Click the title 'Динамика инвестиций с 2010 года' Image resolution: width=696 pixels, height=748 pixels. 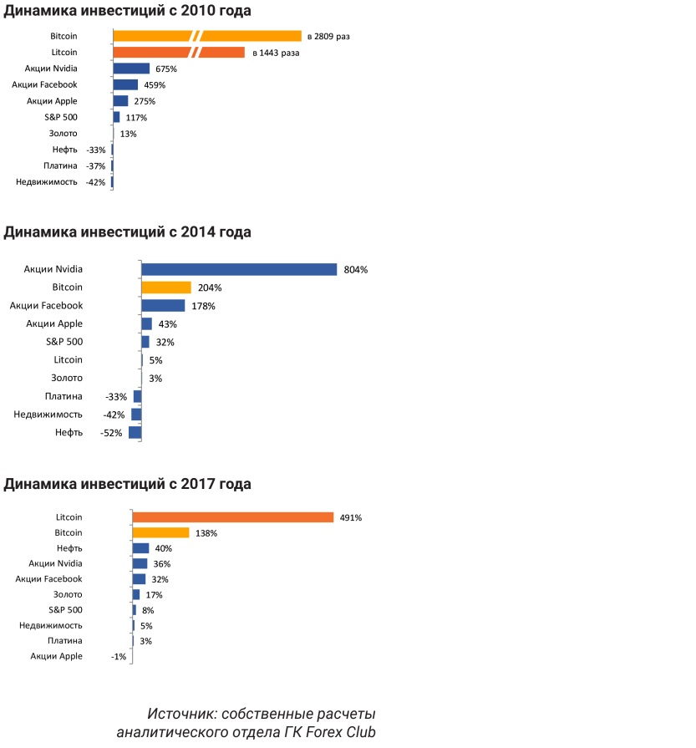tap(128, 11)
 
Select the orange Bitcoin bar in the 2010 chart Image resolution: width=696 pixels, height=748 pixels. tap(207, 36)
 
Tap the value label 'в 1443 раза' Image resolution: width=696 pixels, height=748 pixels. tap(276, 53)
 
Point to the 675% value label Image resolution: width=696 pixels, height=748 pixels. tap(166, 69)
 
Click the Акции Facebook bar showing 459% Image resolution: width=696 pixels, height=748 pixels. tap(125, 84)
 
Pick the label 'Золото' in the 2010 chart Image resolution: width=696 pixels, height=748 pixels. tap(64, 133)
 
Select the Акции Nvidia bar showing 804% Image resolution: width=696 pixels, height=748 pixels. tap(239, 269)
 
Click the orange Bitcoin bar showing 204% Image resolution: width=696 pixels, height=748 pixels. tap(166, 287)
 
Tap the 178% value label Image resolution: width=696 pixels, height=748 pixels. tap(204, 306)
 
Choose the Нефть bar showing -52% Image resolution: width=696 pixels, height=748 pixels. tap(135, 432)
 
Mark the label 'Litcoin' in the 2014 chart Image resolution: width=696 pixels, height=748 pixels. tap(68, 359)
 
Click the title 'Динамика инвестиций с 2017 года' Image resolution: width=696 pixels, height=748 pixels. tap(128, 484)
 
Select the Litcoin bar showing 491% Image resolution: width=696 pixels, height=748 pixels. tap(233, 517)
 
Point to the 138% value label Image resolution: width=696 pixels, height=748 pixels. tap(206, 533)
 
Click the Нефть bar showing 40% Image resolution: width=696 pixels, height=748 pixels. tap(140, 548)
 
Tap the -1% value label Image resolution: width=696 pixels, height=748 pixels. tap(118, 657)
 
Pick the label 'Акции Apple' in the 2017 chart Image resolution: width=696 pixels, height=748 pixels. tap(57, 656)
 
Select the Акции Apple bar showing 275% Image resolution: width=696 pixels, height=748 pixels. tap(120, 101)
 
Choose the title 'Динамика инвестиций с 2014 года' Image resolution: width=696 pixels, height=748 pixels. tap(128, 232)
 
